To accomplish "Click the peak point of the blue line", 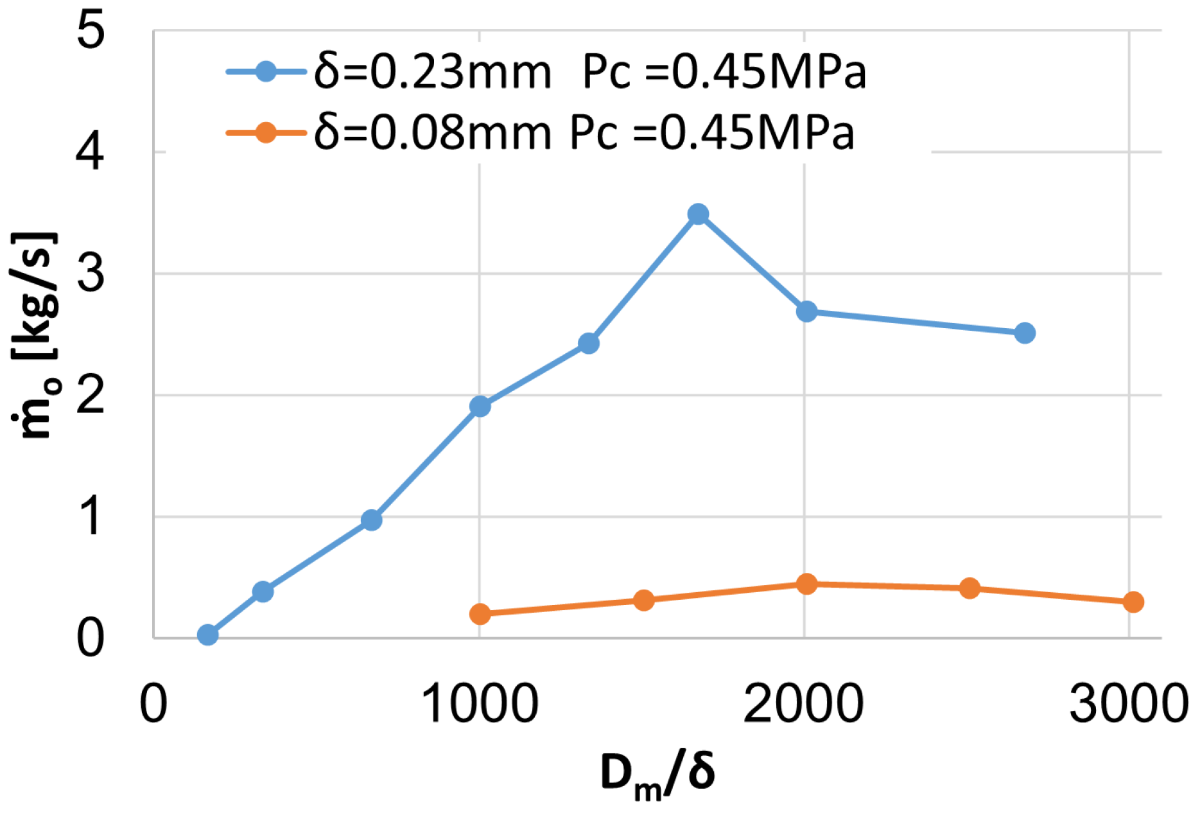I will pyautogui.click(x=698, y=215).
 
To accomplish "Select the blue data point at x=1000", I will pyautogui.click(x=480, y=406).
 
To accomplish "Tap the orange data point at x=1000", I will pyautogui.click(x=480, y=614).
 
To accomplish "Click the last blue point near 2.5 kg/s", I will pyautogui.click(x=1025, y=333).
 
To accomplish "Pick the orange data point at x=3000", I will pyautogui.click(x=1133, y=602).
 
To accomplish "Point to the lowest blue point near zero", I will pyautogui.click(x=207, y=635).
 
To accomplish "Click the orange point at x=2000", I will pyautogui.click(x=806, y=584).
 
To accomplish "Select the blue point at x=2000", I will pyautogui.click(x=806, y=311).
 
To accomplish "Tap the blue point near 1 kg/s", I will pyautogui.click(x=371, y=520).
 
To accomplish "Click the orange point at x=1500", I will pyautogui.click(x=643, y=600).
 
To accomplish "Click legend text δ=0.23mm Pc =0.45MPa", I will pyautogui.click(x=589, y=72).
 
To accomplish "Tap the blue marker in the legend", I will pyautogui.click(x=266, y=71).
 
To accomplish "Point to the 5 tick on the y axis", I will pyautogui.click(x=90, y=31).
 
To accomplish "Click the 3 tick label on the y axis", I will pyautogui.click(x=90, y=274).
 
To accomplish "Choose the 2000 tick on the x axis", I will pyautogui.click(x=803, y=703).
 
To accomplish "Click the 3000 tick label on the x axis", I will pyautogui.click(x=1128, y=703).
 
